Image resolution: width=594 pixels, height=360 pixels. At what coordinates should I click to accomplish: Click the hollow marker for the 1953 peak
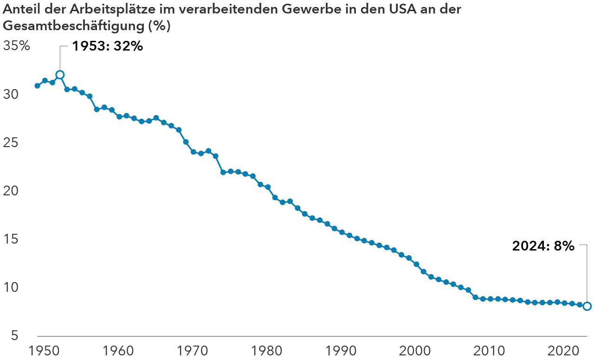[60, 75]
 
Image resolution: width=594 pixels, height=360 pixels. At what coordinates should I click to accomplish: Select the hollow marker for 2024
[587, 306]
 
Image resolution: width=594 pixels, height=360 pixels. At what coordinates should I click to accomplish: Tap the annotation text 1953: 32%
[107, 46]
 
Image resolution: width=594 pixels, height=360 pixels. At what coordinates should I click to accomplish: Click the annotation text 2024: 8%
[543, 246]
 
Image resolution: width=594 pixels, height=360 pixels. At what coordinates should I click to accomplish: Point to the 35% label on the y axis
[16, 46]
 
